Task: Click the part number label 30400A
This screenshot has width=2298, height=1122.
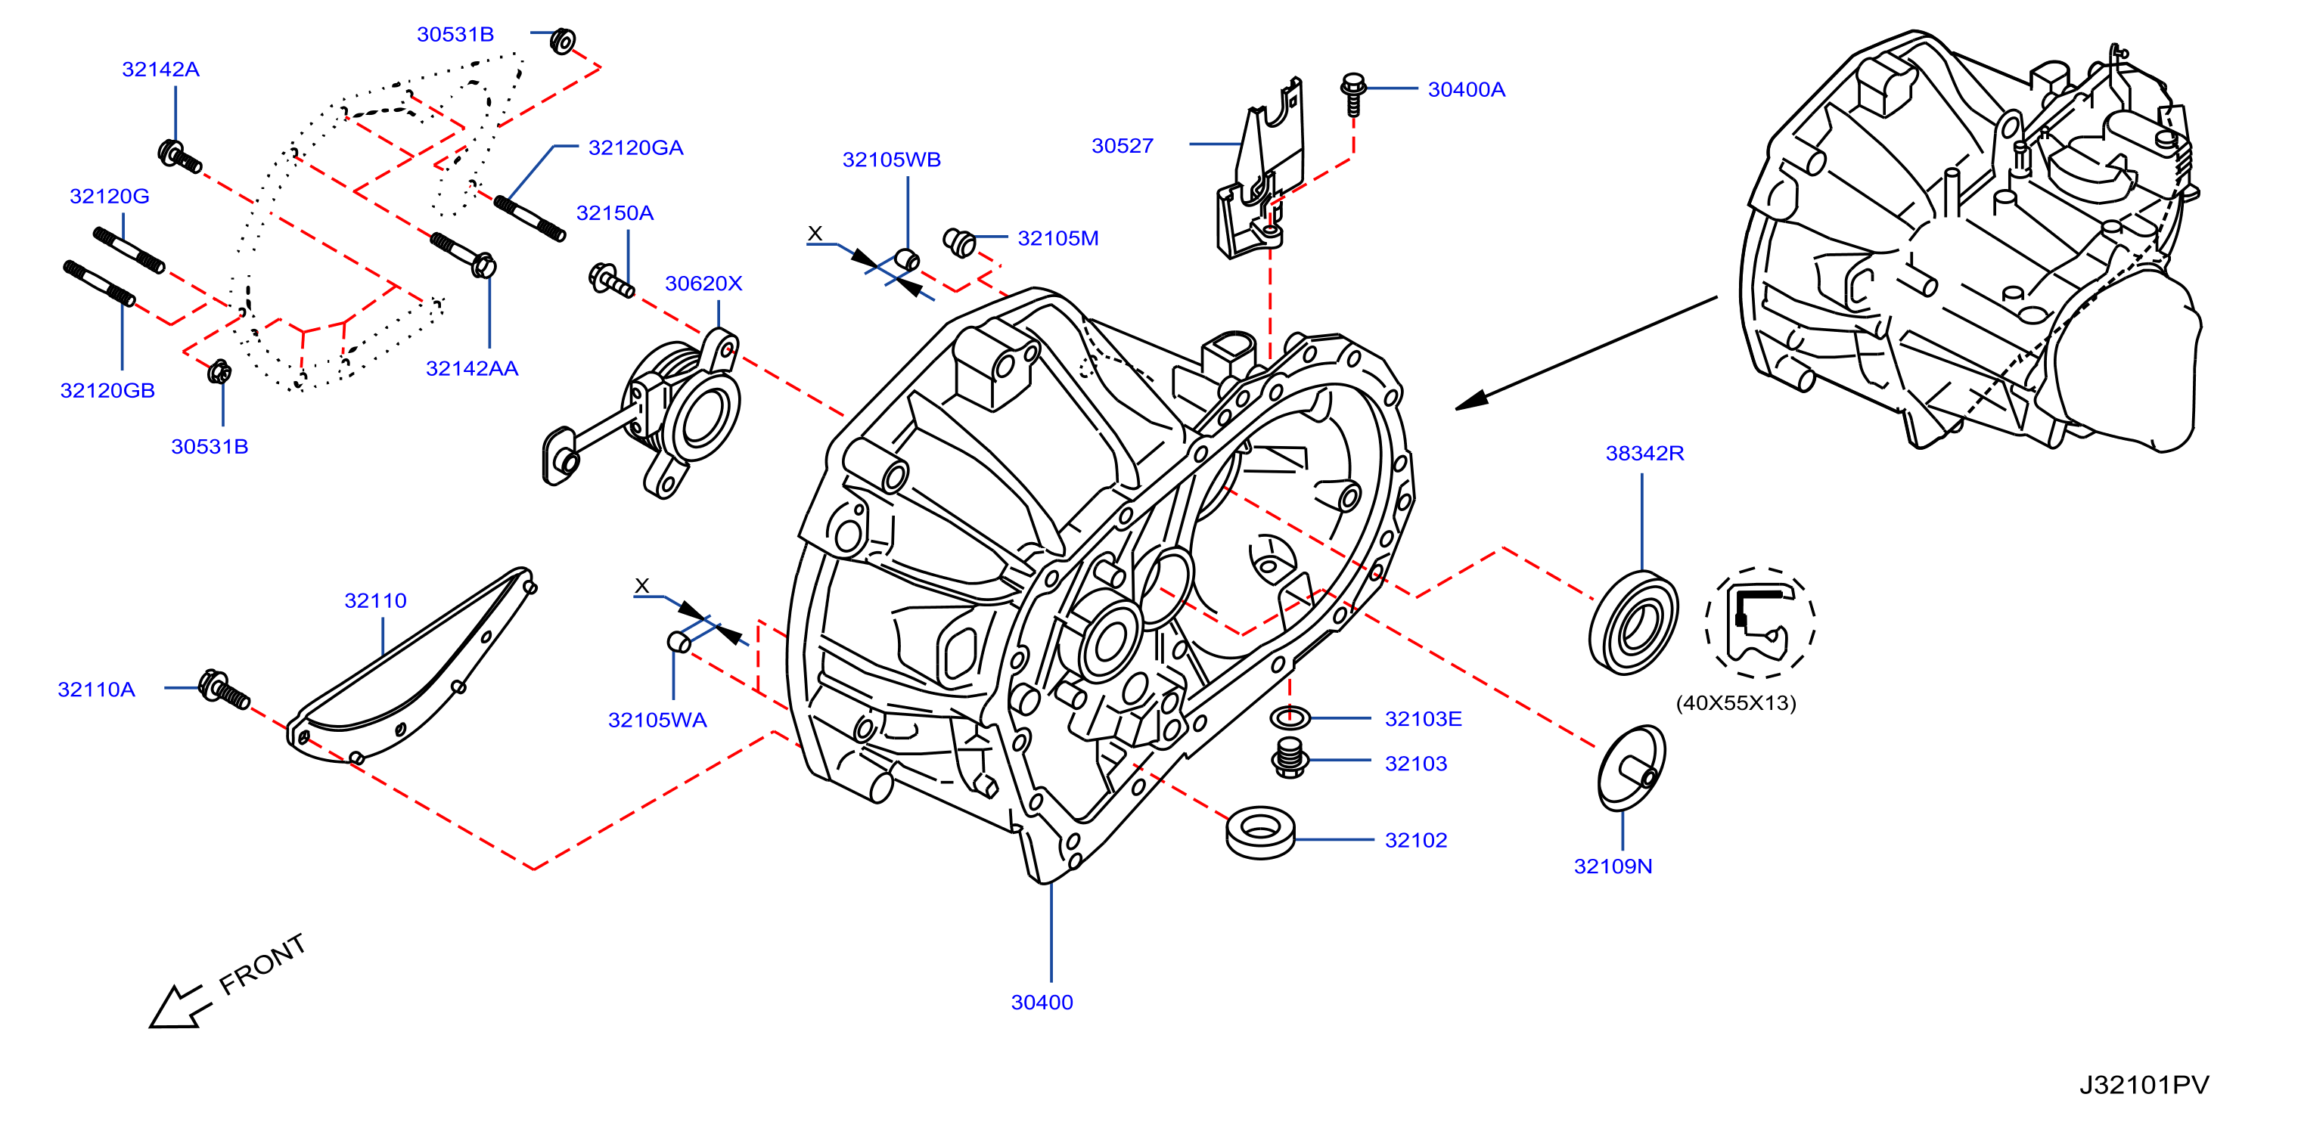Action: click(1466, 89)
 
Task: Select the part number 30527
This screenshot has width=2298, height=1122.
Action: click(1123, 145)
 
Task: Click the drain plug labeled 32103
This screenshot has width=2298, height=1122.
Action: click(1289, 758)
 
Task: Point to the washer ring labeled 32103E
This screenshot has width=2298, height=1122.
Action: click(1289, 716)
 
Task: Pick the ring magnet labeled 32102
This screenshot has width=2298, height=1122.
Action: click(1260, 833)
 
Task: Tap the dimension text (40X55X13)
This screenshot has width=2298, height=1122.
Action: click(1736, 703)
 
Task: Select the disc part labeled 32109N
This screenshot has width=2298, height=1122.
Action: click(1631, 768)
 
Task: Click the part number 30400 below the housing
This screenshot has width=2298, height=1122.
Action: click(1042, 1003)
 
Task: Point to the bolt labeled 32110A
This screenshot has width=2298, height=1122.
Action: click(224, 690)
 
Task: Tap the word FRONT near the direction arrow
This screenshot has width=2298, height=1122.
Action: click(262, 964)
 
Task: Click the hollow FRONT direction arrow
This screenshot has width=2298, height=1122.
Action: click(181, 1007)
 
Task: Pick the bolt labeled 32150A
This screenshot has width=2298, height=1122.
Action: click(611, 280)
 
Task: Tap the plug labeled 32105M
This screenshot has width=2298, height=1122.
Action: click(959, 242)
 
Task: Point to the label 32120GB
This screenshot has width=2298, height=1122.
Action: click(107, 391)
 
